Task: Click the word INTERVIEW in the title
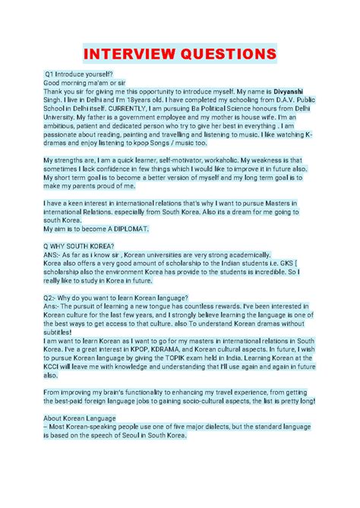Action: click(x=130, y=55)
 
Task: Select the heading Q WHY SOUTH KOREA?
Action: click(x=79, y=246)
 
